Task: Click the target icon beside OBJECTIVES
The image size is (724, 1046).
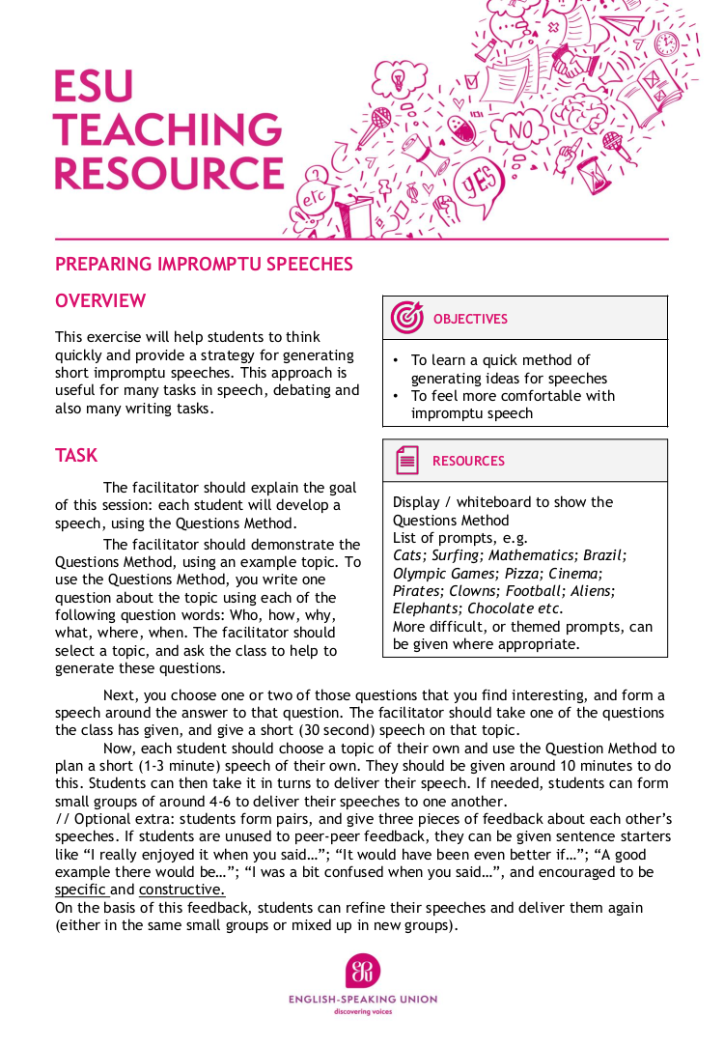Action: point(406,318)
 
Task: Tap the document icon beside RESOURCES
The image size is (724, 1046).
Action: point(406,461)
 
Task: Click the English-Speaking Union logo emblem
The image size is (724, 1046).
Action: point(363,971)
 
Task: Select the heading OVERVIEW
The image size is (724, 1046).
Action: point(100,301)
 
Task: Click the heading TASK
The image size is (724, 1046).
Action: point(76,455)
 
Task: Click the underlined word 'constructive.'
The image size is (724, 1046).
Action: point(181,890)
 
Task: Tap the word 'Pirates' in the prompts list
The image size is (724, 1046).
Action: point(417,590)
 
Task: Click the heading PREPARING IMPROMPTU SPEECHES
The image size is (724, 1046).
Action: point(204,264)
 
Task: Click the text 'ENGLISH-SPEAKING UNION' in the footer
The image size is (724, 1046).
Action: point(363,1000)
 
